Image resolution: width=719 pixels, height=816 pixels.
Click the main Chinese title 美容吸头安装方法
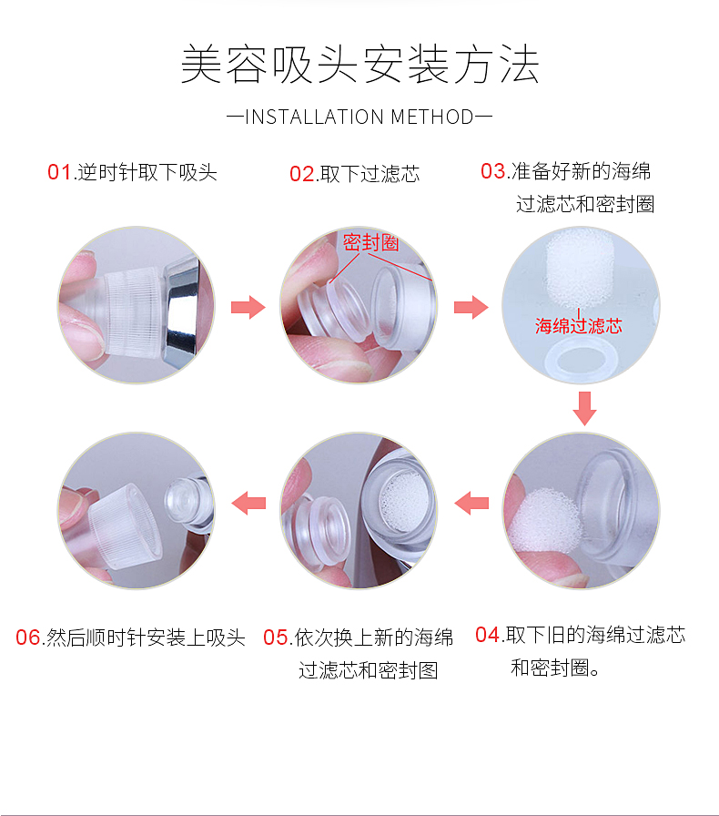pyautogui.click(x=359, y=65)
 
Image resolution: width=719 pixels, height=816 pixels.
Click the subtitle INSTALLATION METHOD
pyautogui.click(x=359, y=117)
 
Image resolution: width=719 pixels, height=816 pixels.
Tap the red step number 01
pyautogui.click(x=59, y=172)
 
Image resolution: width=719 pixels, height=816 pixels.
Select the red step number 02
pyautogui.click(x=302, y=174)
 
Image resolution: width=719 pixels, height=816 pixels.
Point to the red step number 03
pyautogui.click(x=492, y=170)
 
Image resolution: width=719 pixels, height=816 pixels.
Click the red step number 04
pyautogui.click(x=488, y=635)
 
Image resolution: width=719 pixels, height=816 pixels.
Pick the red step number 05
pyautogui.click(x=276, y=637)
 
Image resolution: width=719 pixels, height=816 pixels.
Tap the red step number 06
pyautogui.click(x=28, y=637)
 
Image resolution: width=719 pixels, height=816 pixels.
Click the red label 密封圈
pyautogui.click(x=370, y=242)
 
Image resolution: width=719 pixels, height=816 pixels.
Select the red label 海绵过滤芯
pyautogui.click(x=579, y=326)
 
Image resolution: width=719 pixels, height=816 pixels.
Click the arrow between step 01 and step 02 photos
pyautogui.click(x=248, y=307)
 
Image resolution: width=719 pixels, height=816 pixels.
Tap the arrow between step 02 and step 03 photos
pyautogui.click(x=471, y=307)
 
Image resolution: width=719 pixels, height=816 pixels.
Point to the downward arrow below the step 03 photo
pyautogui.click(x=585, y=409)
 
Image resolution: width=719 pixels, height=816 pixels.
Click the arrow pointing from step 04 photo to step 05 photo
pyautogui.click(x=471, y=504)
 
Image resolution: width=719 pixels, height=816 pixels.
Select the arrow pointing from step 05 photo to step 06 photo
pyautogui.click(x=248, y=504)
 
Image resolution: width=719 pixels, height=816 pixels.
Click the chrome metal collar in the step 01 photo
pyautogui.click(x=183, y=308)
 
